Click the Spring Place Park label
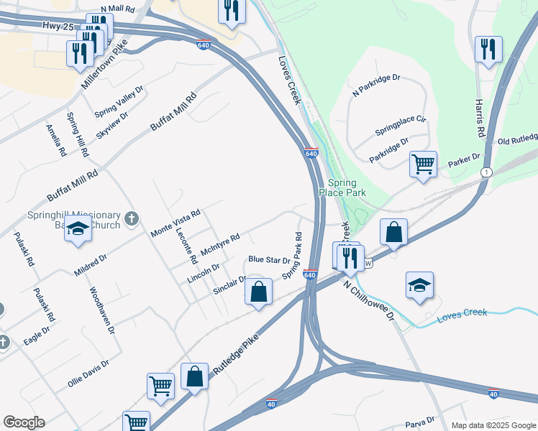click(x=347, y=187)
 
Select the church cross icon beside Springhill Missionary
click(x=131, y=219)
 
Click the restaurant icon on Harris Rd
click(x=488, y=50)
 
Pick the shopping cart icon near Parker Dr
click(x=423, y=164)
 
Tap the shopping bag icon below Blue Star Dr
click(x=258, y=292)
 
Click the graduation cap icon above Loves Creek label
click(x=419, y=285)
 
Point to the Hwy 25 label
click(x=58, y=26)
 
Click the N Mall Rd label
click(x=118, y=9)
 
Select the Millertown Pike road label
click(x=104, y=63)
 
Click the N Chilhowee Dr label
click(x=369, y=302)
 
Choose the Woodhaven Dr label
click(x=101, y=311)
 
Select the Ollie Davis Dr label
click(x=88, y=374)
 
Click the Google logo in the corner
click(x=24, y=422)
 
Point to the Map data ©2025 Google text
click(x=493, y=425)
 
